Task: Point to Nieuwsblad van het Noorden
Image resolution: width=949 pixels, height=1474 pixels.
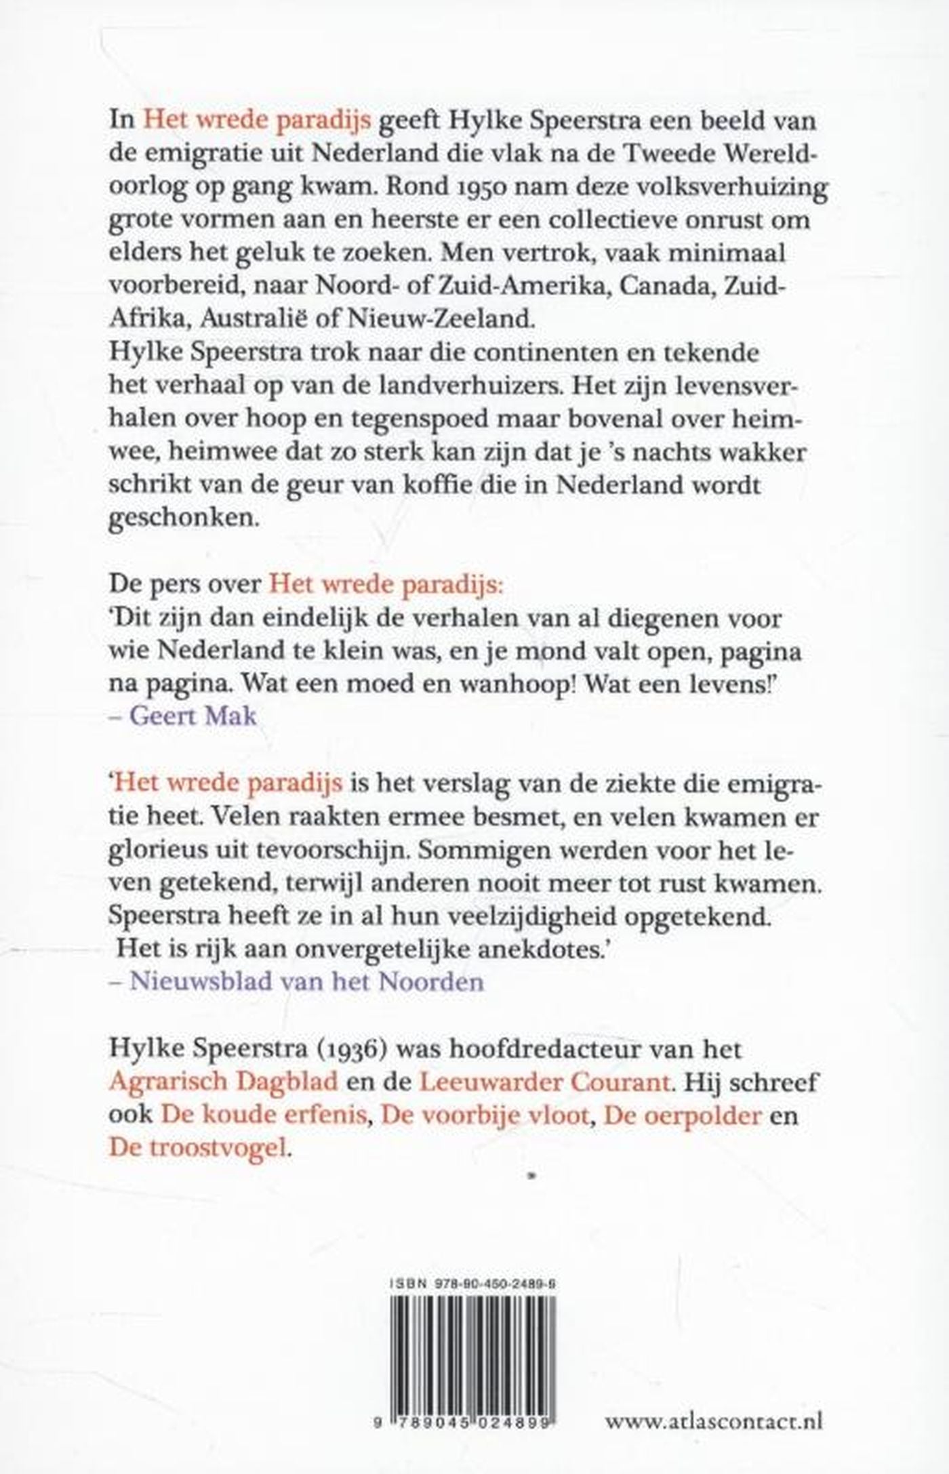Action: pos(306,982)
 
